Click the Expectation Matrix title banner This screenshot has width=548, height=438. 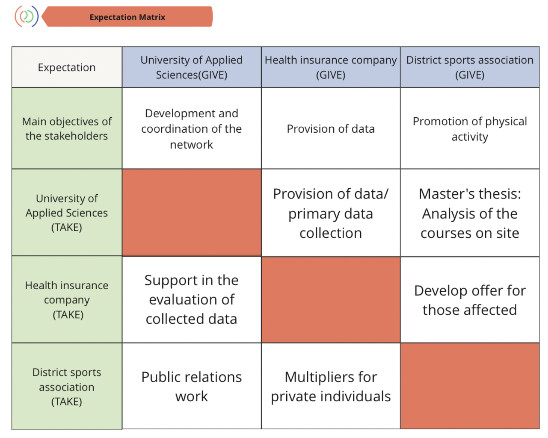click(x=127, y=16)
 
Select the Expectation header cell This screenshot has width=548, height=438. click(x=67, y=67)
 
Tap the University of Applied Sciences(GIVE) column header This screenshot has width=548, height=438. click(x=192, y=67)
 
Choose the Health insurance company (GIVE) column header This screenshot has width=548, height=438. click(x=331, y=67)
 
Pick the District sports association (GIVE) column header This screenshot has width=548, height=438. click(x=470, y=67)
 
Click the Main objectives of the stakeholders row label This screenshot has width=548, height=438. click(x=67, y=128)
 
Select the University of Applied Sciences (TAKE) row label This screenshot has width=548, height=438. click(x=67, y=213)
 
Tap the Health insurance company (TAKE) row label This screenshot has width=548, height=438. click(x=67, y=300)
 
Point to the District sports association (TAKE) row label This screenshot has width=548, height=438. click(x=67, y=386)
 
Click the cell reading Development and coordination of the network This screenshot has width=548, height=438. click(x=192, y=128)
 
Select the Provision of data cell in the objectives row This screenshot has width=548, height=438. click(x=331, y=128)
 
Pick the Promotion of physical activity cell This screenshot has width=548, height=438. click(x=470, y=128)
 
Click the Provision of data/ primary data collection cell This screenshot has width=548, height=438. click(x=331, y=213)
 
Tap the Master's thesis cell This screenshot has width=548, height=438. click(x=470, y=213)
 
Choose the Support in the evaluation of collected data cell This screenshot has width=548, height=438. click(x=192, y=300)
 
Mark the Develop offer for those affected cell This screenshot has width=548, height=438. click(x=470, y=300)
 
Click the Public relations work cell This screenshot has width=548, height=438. click(x=192, y=386)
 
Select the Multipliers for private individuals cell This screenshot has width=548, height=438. click(x=331, y=386)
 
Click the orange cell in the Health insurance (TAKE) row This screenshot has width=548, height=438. click(x=331, y=300)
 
